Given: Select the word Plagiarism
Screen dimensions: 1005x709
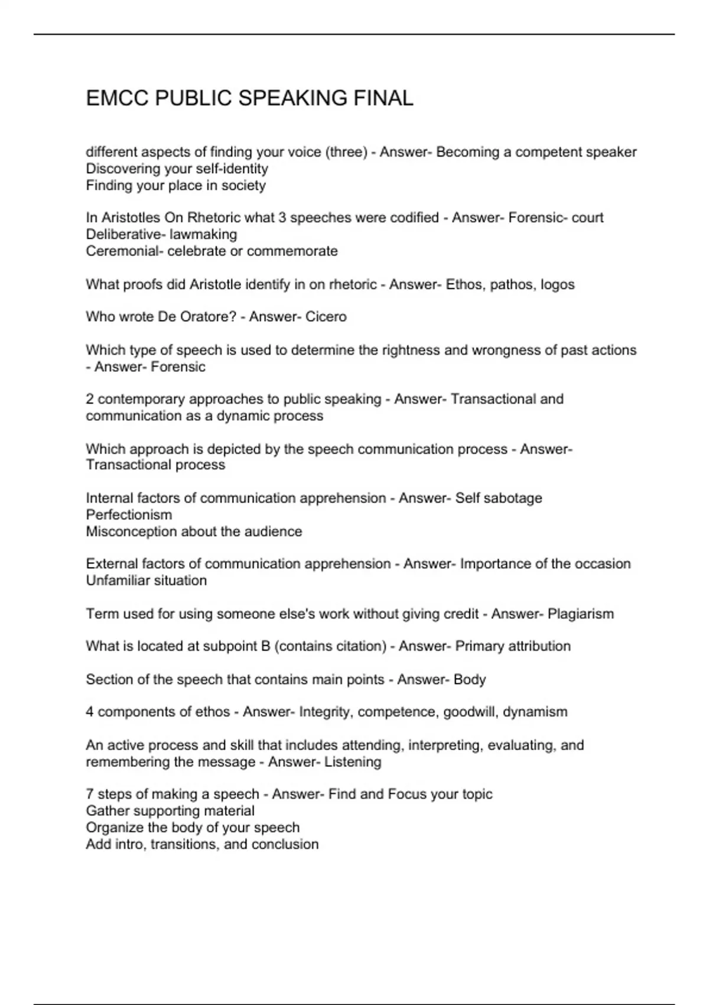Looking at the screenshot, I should click(x=580, y=614).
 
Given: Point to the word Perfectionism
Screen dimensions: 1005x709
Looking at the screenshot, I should click(x=129, y=515).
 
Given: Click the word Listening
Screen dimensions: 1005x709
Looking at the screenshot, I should click(x=353, y=762).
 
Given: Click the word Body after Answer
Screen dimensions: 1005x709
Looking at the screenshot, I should click(x=470, y=680).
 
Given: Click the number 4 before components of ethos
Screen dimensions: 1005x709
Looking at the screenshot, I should click(x=90, y=712).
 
